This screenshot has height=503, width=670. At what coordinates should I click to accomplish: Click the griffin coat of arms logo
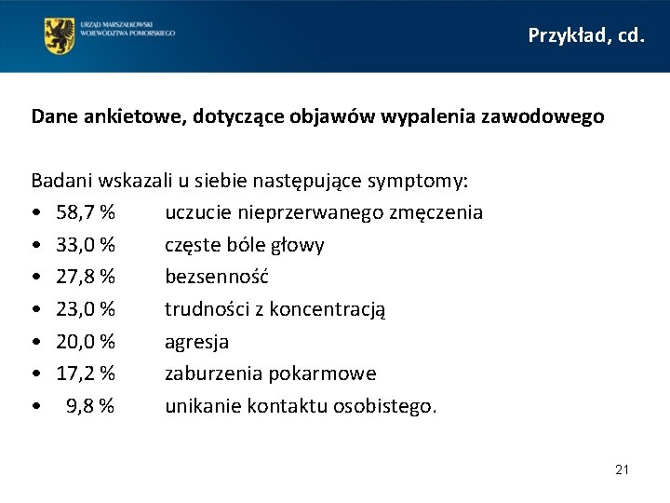point(60,35)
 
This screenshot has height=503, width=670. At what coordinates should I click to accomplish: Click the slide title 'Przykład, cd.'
point(585,35)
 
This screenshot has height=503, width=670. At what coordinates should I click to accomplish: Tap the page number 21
point(622,469)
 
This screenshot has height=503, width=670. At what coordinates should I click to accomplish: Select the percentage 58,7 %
point(86,212)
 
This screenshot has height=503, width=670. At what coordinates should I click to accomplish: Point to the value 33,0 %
point(86,245)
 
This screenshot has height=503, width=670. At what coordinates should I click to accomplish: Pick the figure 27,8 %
point(86,277)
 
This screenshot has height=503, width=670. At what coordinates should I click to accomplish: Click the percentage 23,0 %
point(86,309)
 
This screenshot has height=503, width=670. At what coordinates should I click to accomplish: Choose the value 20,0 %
point(86,342)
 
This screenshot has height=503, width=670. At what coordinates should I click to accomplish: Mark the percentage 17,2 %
point(86,374)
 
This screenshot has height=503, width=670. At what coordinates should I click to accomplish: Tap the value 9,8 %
point(90,406)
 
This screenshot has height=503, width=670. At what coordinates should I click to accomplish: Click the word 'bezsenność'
point(217,277)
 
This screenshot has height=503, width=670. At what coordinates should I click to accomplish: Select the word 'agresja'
point(196,342)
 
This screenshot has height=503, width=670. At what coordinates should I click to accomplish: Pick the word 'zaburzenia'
point(213,374)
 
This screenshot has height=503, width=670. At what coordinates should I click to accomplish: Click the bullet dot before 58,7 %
point(35,213)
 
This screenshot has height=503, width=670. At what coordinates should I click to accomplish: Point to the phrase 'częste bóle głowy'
point(245,245)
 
